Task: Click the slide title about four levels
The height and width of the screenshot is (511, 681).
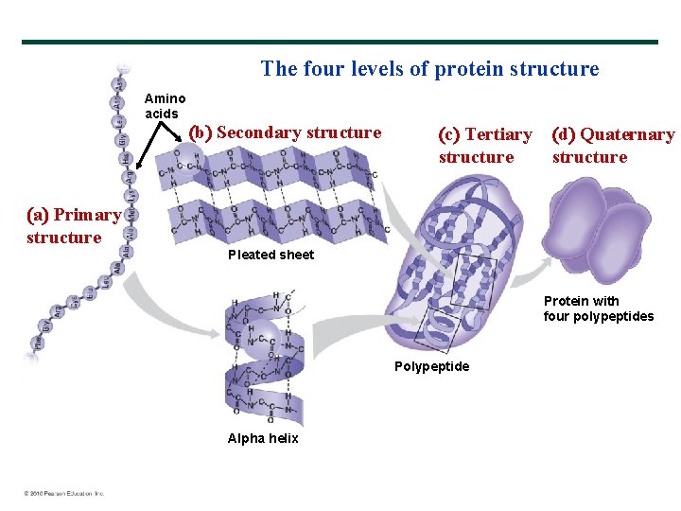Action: coord(429,69)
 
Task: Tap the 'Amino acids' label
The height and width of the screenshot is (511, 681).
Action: coord(165,106)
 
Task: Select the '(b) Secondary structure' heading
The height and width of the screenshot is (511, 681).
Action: coord(286,132)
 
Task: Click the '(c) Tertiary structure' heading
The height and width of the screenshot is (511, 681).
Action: coord(484,146)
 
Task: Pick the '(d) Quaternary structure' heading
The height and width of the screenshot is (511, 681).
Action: coord(613,146)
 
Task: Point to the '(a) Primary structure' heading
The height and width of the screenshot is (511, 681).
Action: coord(74,226)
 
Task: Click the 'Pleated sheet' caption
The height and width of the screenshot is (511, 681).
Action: coord(271,255)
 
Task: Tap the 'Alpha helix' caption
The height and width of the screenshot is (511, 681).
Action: coord(263,438)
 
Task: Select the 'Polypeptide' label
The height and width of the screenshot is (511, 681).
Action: coord(431,366)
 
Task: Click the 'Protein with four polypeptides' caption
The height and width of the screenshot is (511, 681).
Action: coord(598,308)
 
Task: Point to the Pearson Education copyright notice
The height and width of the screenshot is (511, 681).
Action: coord(64,493)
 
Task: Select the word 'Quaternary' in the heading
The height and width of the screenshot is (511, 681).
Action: coord(627,134)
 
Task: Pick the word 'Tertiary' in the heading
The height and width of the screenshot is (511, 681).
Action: coord(498,134)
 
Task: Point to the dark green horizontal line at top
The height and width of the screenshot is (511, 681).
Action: coord(340,42)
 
